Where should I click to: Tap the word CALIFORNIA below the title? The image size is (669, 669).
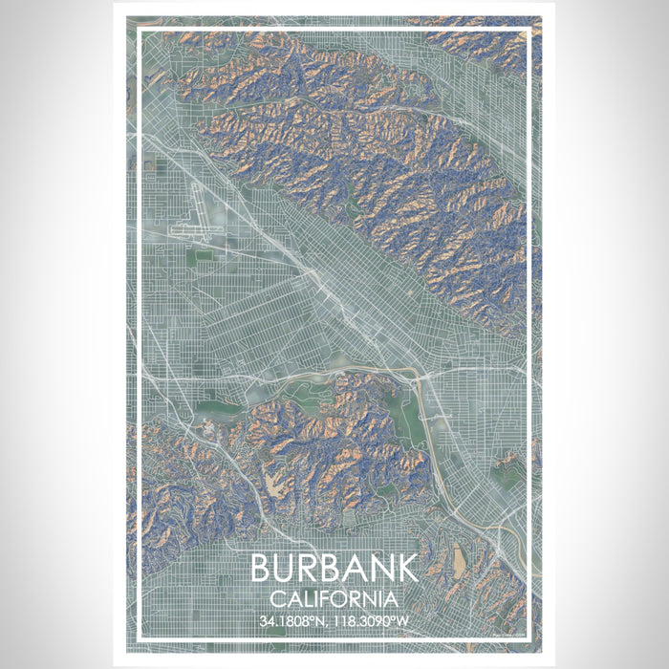pyautogui.click(x=334, y=599)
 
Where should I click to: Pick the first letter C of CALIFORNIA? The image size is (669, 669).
pyautogui.click(x=276, y=599)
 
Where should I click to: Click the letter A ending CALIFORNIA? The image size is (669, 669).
pyautogui.click(x=392, y=599)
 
